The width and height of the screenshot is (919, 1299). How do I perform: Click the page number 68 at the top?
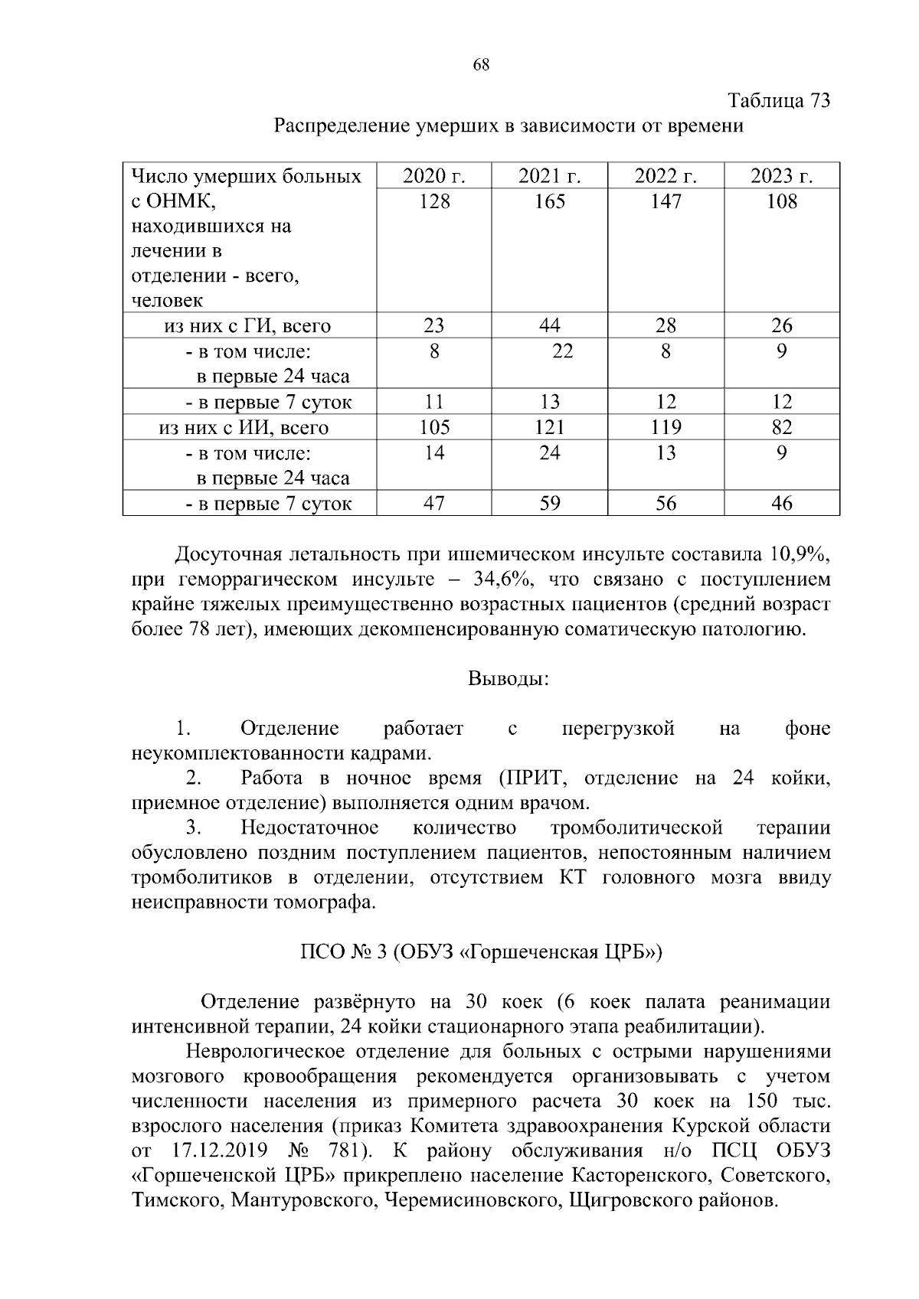click(x=481, y=65)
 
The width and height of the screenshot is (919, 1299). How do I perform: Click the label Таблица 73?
click(x=778, y=101)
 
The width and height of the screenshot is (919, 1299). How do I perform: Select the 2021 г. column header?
click(x=549, y=177)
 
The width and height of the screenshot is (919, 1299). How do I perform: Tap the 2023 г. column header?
click(x=781, y=177)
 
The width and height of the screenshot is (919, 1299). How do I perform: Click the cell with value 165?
click(x=549, y=202)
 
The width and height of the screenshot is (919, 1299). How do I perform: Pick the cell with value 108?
click(x=781, y=202)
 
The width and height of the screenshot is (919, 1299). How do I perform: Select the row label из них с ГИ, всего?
click(x=247, y=326)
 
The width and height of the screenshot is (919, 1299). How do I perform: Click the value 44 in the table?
click(x=549, y=326)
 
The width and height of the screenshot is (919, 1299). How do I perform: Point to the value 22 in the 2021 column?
click(x=562, y=351)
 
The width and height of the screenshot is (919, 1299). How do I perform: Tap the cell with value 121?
click(x=549, y=427)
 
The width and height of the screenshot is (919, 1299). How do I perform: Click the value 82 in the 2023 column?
click(x=781, y=427)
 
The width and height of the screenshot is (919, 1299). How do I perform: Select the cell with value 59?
click(x=549, y=504)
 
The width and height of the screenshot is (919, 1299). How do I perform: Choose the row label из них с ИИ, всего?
click(x=244, y=427)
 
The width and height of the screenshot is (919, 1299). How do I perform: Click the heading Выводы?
click(x=508, y=679)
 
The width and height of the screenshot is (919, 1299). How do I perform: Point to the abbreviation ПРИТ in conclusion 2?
click(x=531, y=778)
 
